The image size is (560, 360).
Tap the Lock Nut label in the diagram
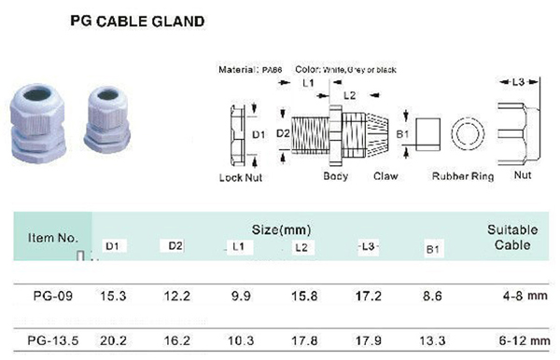pos(240,176)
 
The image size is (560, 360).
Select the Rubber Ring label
pos(462,176)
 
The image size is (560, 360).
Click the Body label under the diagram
pos(336,176)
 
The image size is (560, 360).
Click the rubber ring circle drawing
pos(466,136)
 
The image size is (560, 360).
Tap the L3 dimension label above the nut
pos(518,83)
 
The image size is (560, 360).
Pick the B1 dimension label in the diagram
pos(402,135)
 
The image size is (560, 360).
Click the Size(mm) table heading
pos(281,228)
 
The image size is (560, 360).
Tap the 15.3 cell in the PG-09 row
pos(113,297)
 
